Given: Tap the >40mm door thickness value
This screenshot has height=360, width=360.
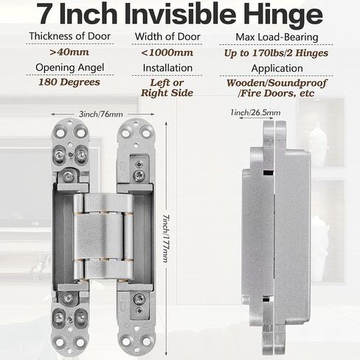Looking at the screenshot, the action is pos(69,52).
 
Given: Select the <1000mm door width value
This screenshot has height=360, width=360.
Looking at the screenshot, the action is pos(167,52).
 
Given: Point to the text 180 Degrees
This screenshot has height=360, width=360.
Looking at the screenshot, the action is pos(69,82).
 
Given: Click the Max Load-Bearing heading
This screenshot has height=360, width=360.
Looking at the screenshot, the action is pos(277,37).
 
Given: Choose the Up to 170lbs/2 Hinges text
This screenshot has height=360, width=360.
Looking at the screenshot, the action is pos(276,53).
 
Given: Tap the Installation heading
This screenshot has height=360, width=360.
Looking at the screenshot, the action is pos(167,68).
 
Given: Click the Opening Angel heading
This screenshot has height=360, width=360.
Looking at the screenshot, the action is pos(70,68).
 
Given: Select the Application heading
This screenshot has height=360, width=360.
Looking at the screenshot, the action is pos(277,69).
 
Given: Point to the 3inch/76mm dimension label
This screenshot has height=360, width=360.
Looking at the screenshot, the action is pos(101,114).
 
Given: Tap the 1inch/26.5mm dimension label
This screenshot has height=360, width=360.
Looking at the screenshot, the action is pos(255,113).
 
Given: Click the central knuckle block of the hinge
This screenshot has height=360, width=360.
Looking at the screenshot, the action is pos(103,236).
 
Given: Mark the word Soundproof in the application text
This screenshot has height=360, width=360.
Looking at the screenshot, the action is pos(297,83).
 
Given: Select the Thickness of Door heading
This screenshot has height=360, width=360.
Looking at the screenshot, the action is pos(69,36).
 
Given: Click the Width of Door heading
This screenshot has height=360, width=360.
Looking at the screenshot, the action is pos(167,37).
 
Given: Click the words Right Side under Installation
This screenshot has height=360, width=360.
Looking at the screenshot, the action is pos(167,93).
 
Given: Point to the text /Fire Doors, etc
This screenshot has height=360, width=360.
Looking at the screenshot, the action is pos(276,94).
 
